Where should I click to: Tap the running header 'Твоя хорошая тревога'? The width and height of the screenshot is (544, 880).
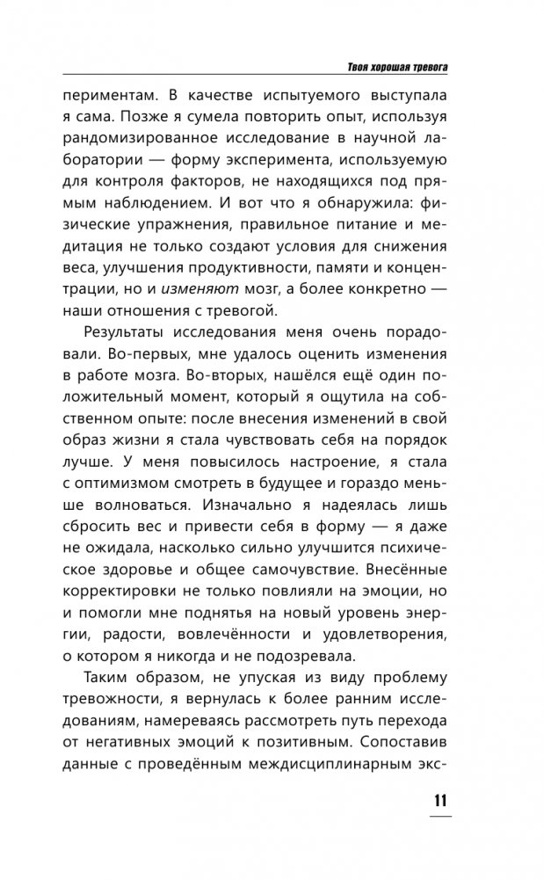point(401,68)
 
